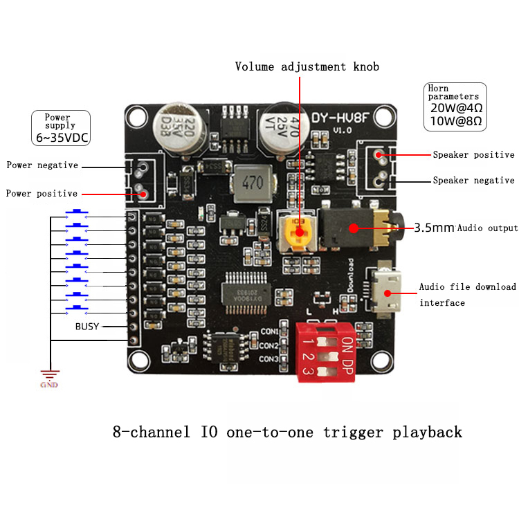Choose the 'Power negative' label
pos(42,165)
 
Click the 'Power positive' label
pos(42,194)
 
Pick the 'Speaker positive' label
pos(473,155)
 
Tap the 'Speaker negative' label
pos(473,181)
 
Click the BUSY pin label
pos(87,326)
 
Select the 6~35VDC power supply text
pos(61,137)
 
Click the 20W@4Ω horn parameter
pos(456,108)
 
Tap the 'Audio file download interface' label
pos(467,294)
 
